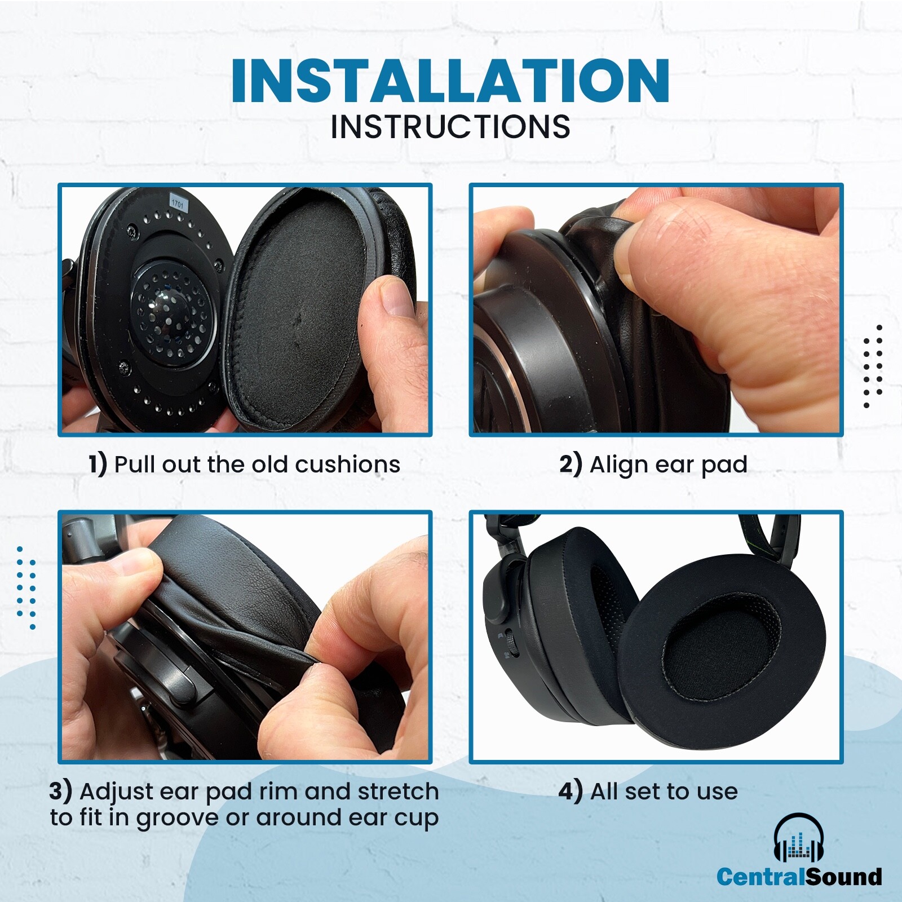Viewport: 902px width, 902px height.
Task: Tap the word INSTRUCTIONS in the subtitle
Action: point(450,127)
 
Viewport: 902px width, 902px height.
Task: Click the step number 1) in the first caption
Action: point(98,465)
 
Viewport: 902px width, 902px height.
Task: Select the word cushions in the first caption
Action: point(347,465)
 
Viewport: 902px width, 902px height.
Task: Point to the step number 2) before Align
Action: point(571,465)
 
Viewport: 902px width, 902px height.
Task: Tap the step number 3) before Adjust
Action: point(60,791)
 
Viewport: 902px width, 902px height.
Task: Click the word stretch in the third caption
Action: point(398,792)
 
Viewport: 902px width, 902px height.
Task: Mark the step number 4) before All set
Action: point(571,791)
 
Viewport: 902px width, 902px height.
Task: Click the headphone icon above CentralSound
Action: point(799,838)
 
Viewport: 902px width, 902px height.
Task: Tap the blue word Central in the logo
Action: point(760,877)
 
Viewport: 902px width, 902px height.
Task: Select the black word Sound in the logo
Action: point(843,877)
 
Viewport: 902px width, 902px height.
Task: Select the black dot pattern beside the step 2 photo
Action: point(873,366)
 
